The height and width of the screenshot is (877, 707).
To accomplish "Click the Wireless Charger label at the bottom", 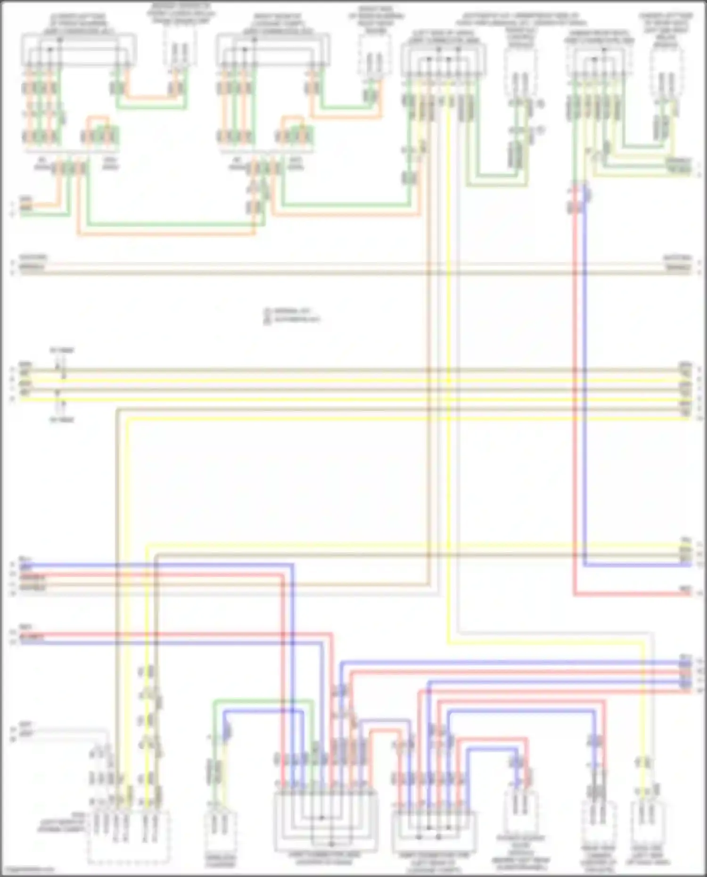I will [220, 861].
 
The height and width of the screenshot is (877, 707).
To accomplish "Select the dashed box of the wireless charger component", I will [221, 833].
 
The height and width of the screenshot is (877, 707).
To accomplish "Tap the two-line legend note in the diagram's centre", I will [292, 315].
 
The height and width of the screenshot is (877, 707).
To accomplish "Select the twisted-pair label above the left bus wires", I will [62, 351].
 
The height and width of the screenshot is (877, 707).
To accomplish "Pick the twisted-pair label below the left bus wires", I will [62, 419].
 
